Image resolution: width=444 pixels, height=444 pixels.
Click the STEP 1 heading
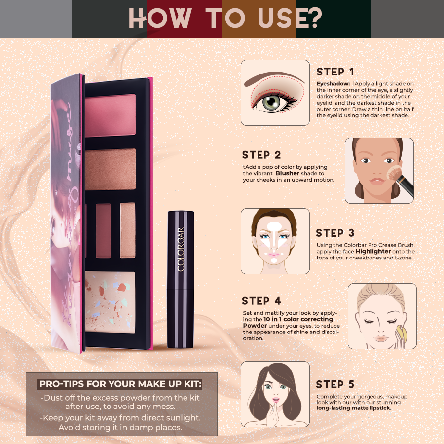(335, 72)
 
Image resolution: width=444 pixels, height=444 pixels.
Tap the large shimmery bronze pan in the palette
(111, 169)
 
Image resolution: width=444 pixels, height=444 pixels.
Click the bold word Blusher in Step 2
(288, 174)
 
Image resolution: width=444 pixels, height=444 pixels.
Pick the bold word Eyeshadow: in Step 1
(333, 84)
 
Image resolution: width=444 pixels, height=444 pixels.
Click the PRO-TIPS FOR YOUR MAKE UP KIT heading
(121, 384)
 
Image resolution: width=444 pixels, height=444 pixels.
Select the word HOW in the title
(159, 19)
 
